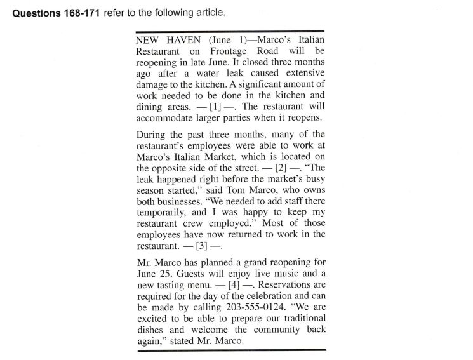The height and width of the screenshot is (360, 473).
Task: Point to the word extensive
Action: tap(302, 74)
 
